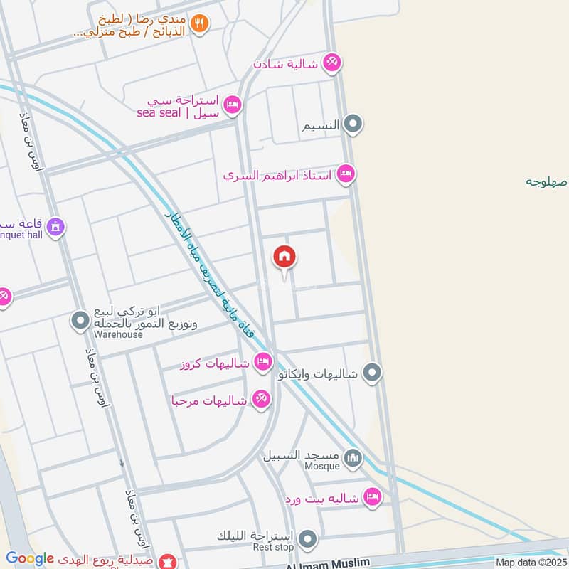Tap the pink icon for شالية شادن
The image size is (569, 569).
331,63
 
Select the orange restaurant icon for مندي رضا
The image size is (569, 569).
200,23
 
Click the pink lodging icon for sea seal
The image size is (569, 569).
232,107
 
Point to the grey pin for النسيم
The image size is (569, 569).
353,125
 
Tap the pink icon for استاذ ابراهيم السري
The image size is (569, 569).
346,173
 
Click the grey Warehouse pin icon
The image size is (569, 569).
80,321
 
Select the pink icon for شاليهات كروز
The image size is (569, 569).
263,362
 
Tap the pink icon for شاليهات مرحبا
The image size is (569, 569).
260,400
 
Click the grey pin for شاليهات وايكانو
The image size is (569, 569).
371,372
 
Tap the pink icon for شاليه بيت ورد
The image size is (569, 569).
371,497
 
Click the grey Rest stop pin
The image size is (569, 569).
307,538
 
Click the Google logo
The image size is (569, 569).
30,559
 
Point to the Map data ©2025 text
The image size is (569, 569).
531,563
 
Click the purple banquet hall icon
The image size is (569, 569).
55,228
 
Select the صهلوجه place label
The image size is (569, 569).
546,181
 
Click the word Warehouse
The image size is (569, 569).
120,334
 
